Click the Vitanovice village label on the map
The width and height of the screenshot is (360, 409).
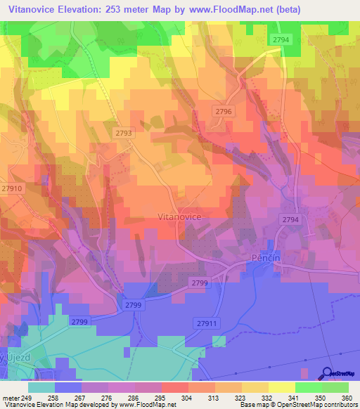tap(179, 218)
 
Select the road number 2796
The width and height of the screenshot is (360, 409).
tap(224, 112)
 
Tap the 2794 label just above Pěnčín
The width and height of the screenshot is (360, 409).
tap(290, 220)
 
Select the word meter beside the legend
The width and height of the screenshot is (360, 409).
tap(11, 397)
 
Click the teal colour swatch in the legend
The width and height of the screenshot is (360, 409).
tap(41, 387)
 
